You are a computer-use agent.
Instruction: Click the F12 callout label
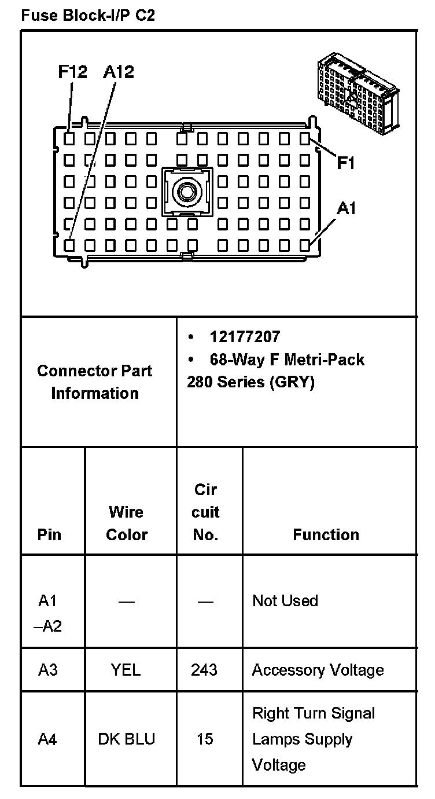point(72,72)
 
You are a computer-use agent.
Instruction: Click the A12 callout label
point(118,72)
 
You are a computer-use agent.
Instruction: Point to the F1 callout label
point(345,164)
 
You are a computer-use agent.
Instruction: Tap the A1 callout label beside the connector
point(346,208)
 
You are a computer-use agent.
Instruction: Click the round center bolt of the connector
point(187,190)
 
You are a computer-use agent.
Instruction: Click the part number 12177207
point(245,337)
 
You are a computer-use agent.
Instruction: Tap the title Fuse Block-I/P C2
point(87,16)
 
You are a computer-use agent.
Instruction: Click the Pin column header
point(49,534)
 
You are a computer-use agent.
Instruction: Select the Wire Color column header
point(127,523)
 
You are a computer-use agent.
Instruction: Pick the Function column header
point(326,534)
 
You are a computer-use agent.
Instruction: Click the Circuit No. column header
point(205,512)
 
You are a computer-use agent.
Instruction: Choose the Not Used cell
point(285,600)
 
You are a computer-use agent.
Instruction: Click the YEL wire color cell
point(126,670)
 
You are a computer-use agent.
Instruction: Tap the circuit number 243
point(204,670)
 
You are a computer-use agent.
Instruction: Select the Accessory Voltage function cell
point(318,670)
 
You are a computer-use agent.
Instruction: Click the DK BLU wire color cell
point(127,739)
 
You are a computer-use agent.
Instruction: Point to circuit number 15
point(205,739)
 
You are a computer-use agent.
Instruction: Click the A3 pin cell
point(48,670)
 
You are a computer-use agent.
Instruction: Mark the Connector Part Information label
point(95,382)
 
